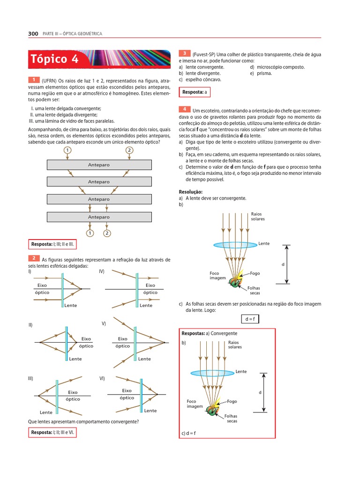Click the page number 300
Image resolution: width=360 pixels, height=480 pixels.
33,34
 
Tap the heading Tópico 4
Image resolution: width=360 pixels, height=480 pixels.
55,59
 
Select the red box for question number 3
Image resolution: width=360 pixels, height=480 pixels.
185,54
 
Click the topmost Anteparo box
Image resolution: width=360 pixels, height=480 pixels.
99,165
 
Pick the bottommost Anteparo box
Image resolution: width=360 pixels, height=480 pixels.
99,217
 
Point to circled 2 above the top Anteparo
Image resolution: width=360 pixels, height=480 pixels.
129,150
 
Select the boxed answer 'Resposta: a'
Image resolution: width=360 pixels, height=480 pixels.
195,92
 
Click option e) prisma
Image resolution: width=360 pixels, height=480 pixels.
261,73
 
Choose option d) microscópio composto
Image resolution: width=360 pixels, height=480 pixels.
277,67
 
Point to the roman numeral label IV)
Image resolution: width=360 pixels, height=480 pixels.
101,271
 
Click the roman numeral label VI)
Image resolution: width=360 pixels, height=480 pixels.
102,378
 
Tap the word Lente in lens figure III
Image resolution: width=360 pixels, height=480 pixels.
46,412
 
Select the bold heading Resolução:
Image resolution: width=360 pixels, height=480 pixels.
191,192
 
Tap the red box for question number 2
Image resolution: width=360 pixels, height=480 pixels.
34,258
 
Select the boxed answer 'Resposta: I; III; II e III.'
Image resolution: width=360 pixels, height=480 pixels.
52,244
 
